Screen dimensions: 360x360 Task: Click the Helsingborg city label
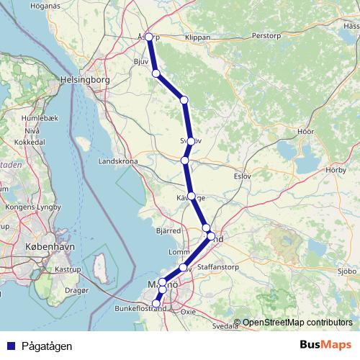[85, 80]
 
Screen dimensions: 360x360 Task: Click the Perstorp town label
[267, 35]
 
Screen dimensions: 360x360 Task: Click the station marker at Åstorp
[149, 37]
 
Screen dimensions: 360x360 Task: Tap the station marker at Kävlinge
[191, 195]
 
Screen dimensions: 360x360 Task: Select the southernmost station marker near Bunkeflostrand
[156, 304]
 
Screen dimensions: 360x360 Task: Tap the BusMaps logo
[325, 346]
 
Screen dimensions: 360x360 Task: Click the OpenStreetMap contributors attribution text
[293, 323]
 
